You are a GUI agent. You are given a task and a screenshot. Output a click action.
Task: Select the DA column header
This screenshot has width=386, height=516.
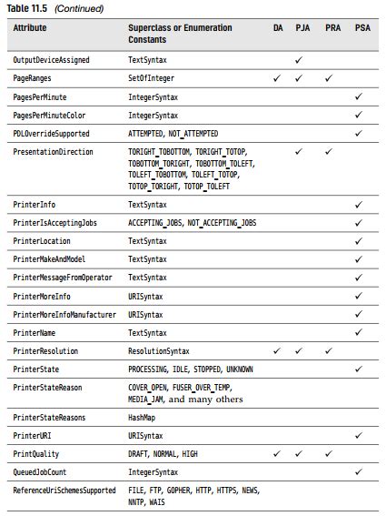(x=278, y=28)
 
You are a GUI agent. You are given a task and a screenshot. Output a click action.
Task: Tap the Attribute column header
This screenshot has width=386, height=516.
(x=30, y=28)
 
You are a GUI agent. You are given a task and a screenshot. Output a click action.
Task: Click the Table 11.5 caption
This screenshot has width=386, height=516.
(x=54, y=8)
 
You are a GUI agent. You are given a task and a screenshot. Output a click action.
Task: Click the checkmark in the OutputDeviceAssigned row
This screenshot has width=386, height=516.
(x=302, y=60)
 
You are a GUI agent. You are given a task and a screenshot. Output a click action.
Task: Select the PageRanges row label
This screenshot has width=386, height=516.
(x=33, y=78)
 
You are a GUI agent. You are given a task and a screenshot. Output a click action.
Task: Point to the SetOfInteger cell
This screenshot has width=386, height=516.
(x=151, y=78)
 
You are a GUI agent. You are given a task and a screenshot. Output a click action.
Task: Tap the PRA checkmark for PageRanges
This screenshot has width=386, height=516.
(x=331, y=78)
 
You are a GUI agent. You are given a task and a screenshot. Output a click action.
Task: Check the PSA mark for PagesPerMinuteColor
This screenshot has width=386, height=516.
(x=359, y=116)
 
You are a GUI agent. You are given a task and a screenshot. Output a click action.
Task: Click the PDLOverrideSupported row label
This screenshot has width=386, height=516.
(x=51, y=134)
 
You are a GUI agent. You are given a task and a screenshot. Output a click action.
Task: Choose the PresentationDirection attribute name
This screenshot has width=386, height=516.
(x=53, y=152)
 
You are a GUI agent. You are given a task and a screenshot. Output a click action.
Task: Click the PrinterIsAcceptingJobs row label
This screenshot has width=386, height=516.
(x=54, y=223)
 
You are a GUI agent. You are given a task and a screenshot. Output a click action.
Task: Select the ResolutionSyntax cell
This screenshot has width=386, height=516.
(x=159, y=351)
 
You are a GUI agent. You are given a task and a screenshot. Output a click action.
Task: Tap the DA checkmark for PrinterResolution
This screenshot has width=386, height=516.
(x=278, y=351)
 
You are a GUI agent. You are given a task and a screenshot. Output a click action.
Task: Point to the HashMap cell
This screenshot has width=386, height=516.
(x=141, y=417)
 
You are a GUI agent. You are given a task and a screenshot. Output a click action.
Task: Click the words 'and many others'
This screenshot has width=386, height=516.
(x=205, y=399)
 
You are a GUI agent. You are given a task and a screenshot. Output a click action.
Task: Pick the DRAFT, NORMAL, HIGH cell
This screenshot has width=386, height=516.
(x=163, y=454)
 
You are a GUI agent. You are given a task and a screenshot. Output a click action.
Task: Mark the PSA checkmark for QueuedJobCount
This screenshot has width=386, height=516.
(x=359, y=472)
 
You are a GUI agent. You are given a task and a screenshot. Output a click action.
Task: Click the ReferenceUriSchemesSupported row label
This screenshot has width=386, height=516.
(x=64, y=491)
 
